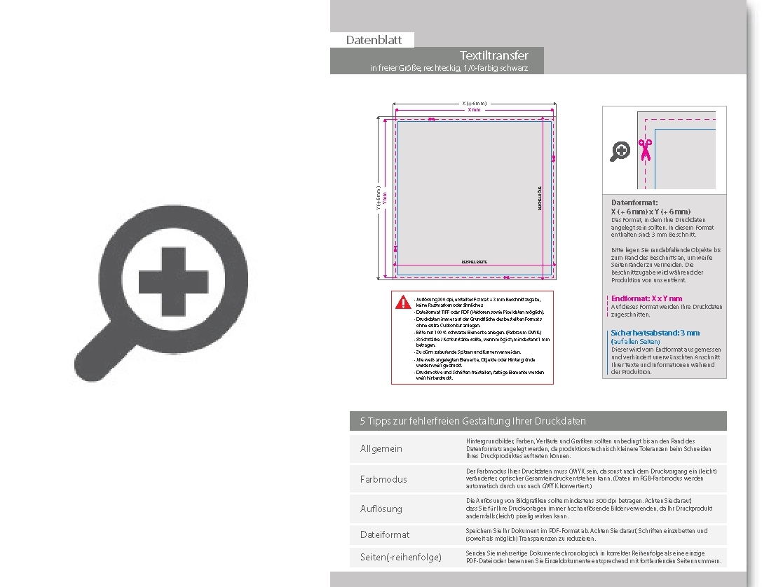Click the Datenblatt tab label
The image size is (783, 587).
click(374, 40)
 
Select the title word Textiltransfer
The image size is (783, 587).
click(493, 55)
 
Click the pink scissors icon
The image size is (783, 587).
click(644, 149)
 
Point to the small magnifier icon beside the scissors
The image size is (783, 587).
click(620, 151)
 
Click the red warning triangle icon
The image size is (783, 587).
click(403, 302)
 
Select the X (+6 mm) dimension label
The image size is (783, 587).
click(475, 104)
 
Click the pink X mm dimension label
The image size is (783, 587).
click(475, 110)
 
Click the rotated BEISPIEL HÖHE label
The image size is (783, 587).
click(539, 198)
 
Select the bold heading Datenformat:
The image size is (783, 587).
click(634, 202)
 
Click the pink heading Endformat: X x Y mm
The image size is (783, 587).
click(646, 298)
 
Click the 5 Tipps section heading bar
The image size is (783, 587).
click(538, 421)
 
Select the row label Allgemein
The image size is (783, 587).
click(381, 448)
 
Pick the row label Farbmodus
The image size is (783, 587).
click(383, 479)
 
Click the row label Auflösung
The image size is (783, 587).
click(381, 509)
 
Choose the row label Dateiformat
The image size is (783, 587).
click(385, 534)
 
